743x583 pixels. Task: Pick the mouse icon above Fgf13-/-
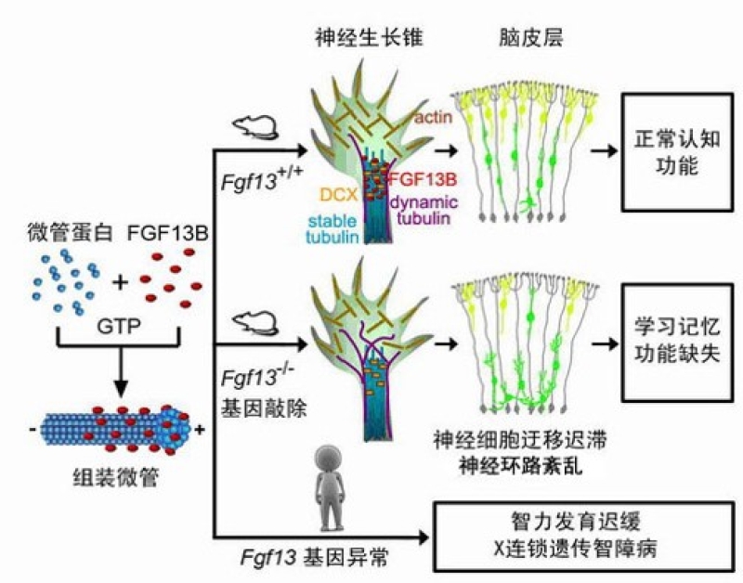pyautogui.click(x=250, y=321)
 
